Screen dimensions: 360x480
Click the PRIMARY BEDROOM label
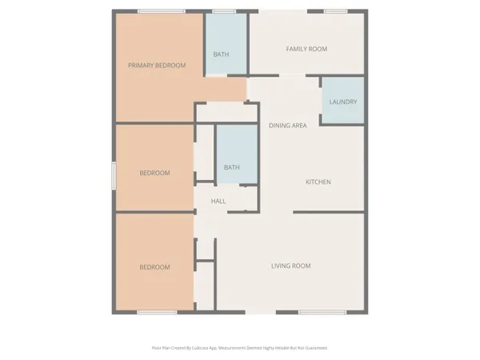click(158, 66)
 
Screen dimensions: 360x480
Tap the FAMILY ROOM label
click(307, 50)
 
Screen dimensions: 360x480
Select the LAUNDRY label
click(342, 102)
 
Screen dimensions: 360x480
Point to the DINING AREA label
click(288, 126)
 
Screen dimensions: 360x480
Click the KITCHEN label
click(318, 182)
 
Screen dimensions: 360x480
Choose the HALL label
click(218, 202)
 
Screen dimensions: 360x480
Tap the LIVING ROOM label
click(291, 266)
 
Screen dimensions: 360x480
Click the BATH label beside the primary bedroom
click(222, 54)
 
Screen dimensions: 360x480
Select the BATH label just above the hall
click(232, 167)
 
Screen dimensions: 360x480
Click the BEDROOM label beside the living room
click(155, 267)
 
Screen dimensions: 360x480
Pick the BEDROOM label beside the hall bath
click(155, 173)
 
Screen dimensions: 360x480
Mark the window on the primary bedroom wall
click(158, 11)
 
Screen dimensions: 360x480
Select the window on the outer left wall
click(114, 176)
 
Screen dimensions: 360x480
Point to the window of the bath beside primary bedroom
click(223, 11)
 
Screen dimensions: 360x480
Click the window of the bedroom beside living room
click(157, 311)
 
